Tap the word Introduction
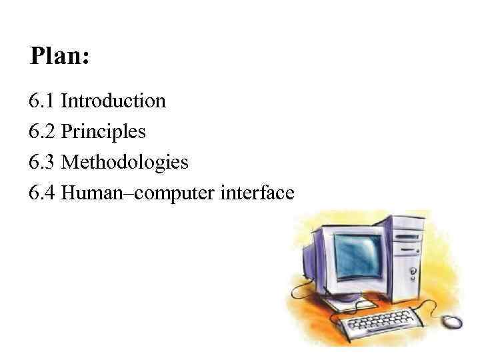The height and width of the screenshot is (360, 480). point(113,101)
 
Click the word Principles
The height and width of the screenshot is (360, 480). point(103,132)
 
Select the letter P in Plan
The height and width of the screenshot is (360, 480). point(37,56)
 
